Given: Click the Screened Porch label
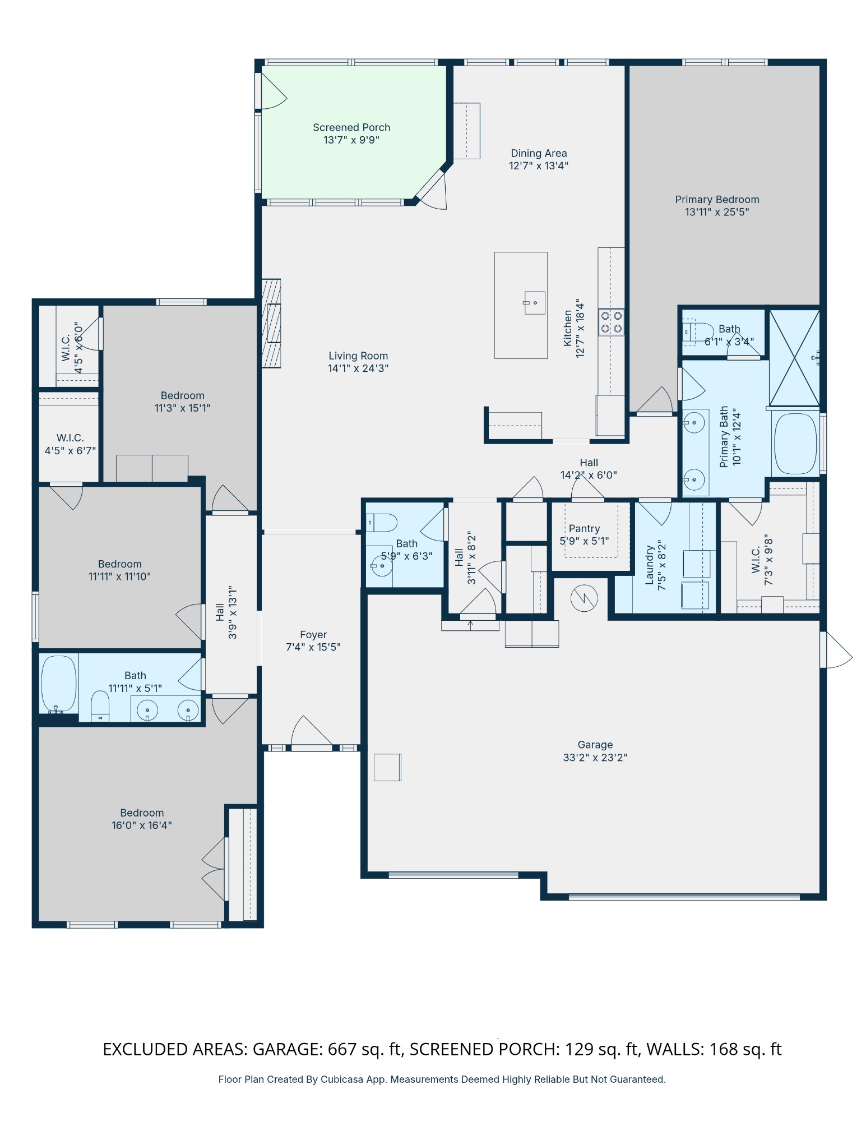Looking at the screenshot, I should (x=351, y=127).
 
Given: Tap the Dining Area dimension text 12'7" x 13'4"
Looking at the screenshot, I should (x=538, y=166).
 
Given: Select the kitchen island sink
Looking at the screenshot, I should (x=534, y=303).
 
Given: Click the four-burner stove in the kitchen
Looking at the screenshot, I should (x=611, y=322).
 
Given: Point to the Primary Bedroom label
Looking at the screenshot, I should (x=716, y=200).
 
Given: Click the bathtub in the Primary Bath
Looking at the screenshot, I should (x=795, y=444).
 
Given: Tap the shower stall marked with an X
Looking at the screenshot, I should (x=794, y=357).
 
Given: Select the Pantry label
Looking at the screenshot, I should (x=583, y=529).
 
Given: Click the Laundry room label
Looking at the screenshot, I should (x=650, y=565).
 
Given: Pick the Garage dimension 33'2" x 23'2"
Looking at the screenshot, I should (x=595, y=758).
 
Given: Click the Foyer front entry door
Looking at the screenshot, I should (x=312, y=735).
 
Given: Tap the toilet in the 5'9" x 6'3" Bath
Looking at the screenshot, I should (x=383, y=523).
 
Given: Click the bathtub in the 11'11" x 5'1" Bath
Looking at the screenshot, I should (x=58, y=684).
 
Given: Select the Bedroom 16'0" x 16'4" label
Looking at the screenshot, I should (x=141, y=813).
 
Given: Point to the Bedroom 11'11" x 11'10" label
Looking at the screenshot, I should (x=119, y=564).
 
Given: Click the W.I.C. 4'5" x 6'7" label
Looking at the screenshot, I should (x=70, y=438).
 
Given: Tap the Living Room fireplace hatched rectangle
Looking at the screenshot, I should (x=271, y=324).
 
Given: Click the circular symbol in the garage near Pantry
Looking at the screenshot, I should (x=583, y=598).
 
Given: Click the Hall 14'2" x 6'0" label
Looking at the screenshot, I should (x=589, y=463).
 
